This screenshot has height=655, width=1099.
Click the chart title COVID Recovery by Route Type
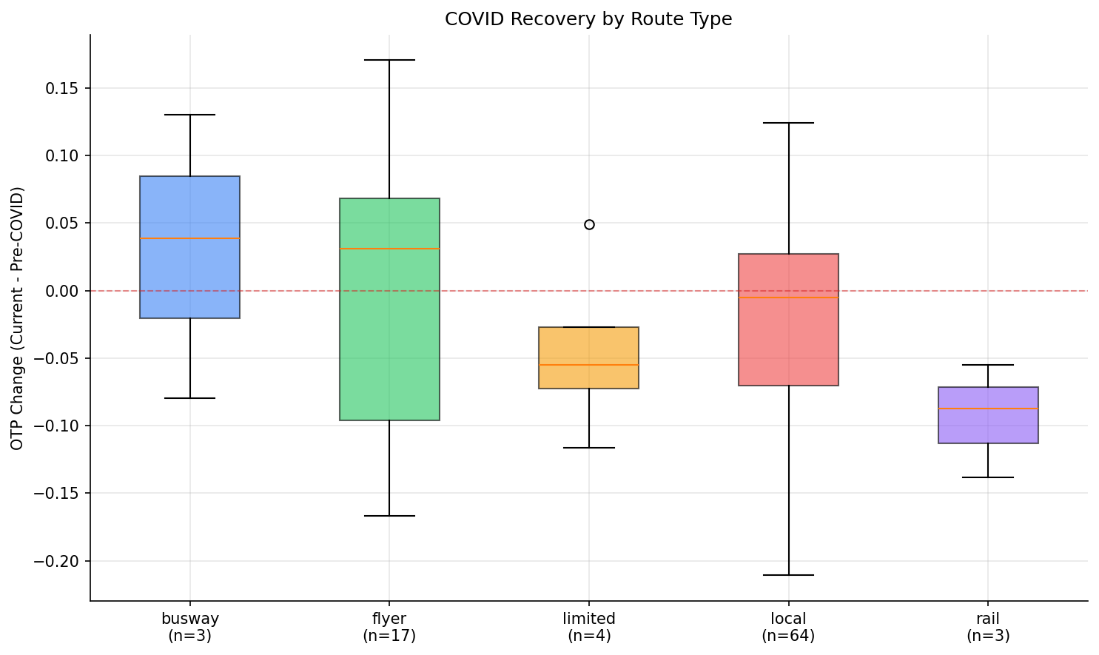point(588,19)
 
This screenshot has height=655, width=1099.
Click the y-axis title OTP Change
point(18,318)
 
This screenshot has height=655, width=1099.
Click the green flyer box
point(389,333)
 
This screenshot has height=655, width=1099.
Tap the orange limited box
point(588,348)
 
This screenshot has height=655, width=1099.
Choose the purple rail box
point(988,426)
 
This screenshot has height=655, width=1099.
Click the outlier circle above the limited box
point(589,224)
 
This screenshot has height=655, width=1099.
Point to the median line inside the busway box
point(189,238)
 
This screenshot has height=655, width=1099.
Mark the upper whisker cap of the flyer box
point(389,60)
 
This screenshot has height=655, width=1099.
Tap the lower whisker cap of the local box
point(788,575)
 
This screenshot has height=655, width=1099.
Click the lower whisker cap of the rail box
point(988,477)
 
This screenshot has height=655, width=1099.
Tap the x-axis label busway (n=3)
point(189,627)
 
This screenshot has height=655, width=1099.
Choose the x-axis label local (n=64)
point(788,627)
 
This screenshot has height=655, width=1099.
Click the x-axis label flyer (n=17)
point(389,627)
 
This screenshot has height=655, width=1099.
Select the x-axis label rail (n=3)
point(988,627)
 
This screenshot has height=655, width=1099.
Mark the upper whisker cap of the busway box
point(189,115)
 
